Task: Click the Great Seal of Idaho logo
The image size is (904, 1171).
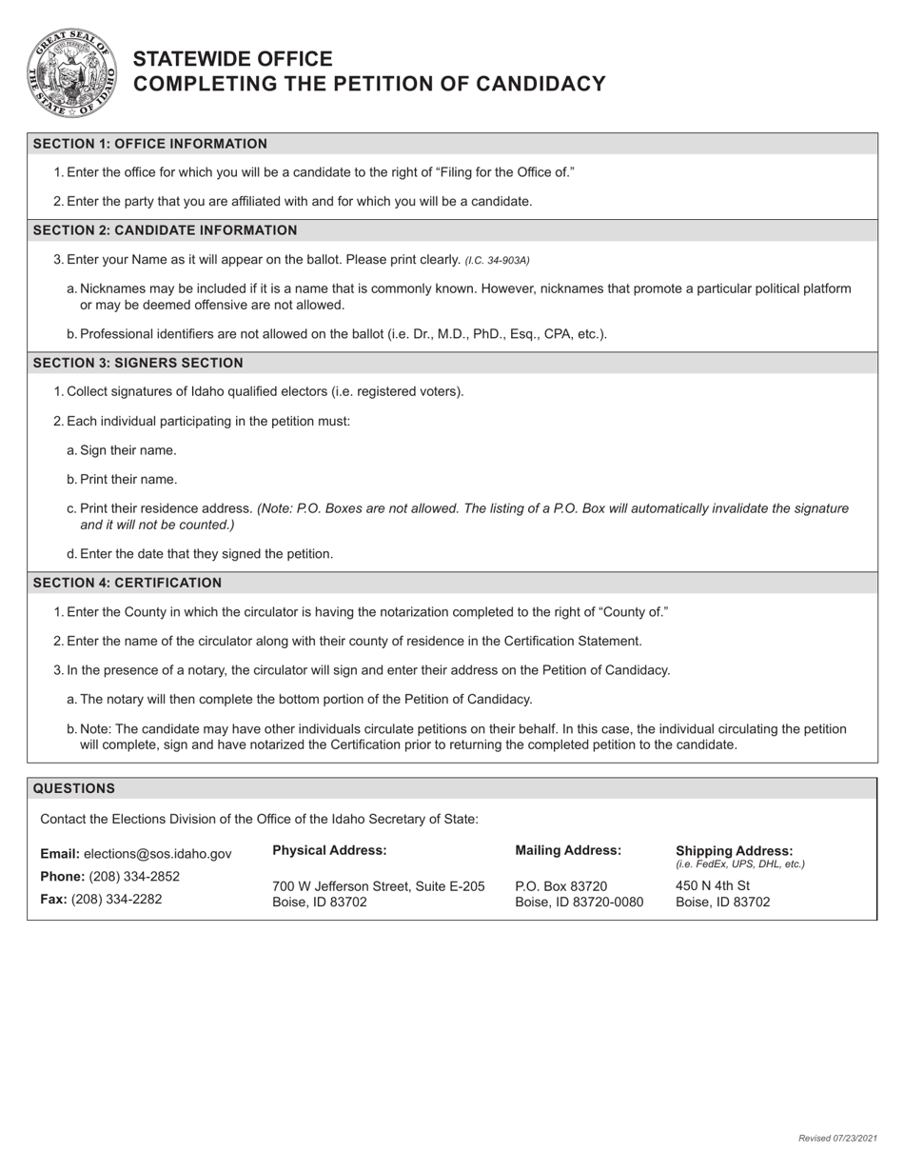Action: pos(72,72)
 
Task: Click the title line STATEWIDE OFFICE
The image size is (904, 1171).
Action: pos(232,59)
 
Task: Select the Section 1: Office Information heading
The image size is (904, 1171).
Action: pos(150,144)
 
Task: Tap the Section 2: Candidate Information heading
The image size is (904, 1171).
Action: pos(165,230)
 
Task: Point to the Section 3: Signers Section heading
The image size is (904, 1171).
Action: pos(138,363)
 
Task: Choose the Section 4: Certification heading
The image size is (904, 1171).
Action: pos(128,583)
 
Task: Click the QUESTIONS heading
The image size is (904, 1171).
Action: pos(74,788)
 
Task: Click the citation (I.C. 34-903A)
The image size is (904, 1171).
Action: pos(497,260)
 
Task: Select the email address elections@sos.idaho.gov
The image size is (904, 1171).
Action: pos(157,854)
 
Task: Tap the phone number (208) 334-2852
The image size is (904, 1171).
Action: pos(133,876)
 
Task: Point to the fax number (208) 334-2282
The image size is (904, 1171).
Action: pos(116,899)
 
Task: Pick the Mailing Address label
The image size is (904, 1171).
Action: pos(568,850)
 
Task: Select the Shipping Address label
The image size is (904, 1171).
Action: pos(734,850)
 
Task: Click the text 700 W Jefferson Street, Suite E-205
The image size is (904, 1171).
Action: pos(379,886)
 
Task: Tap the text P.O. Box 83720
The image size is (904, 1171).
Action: pos(560,886)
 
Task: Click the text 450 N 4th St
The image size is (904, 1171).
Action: pos(713,885)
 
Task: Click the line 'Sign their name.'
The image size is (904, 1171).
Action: pos(128,450)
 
